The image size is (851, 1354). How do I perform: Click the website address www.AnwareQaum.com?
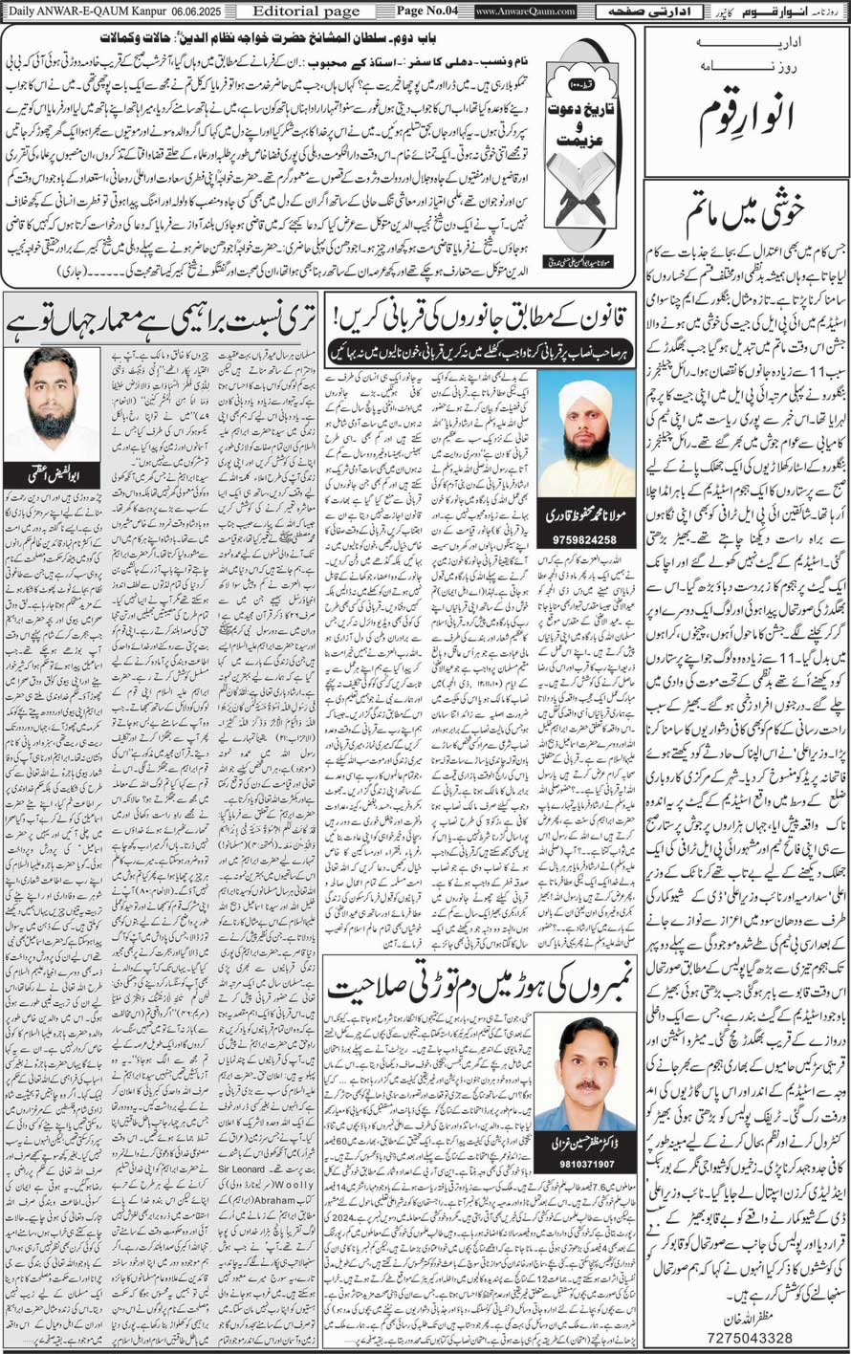click(x=525, y=11)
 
